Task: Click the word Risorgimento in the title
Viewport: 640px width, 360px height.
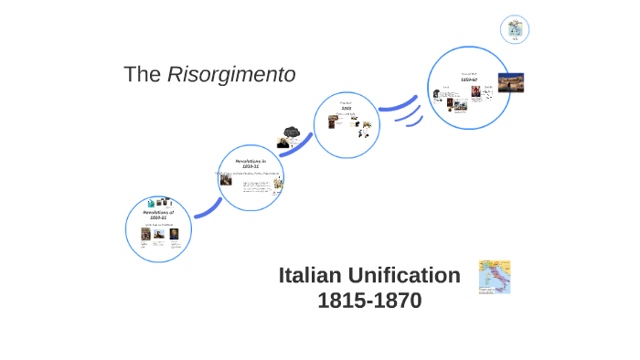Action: pos(231,75)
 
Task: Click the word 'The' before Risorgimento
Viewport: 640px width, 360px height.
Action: pos(143,75)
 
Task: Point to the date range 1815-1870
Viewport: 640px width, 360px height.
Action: pos(369,301)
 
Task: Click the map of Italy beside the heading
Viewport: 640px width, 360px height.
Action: pos(494,276)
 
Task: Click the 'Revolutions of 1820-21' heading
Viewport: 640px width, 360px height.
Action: pos(158,215)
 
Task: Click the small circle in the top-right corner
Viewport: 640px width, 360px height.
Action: pos(516,29)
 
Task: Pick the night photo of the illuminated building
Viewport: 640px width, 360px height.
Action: pos(511,82)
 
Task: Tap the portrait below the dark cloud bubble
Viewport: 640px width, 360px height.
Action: pos(284,144)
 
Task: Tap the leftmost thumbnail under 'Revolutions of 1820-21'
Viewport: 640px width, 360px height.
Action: pos(144,233)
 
